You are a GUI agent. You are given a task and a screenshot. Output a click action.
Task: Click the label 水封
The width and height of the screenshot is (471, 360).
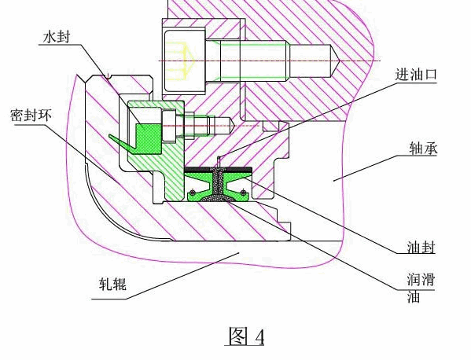pos(56,38)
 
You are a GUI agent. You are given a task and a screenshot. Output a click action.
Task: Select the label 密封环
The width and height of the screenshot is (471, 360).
pos(31,116)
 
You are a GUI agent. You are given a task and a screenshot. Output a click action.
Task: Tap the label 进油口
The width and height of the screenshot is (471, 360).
pos(416,75)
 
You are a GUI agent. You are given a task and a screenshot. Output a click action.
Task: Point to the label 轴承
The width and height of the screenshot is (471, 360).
pos(424,149)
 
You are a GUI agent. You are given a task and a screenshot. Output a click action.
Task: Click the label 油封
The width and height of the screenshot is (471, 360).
pos(421,248)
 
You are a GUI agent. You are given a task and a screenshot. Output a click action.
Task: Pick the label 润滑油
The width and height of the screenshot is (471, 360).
pos(421,288)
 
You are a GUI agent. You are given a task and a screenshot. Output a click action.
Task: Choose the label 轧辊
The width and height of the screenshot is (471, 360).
pos(112,284)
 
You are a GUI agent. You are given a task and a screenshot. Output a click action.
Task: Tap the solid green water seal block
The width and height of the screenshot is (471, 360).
pos(148,139)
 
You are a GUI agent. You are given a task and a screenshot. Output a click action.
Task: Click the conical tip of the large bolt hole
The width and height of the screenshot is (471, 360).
pos(335,61)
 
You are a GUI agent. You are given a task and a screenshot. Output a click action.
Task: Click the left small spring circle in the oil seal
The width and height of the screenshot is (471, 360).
pos(192,192)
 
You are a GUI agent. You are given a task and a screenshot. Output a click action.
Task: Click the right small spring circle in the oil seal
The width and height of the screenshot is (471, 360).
pos(243,192)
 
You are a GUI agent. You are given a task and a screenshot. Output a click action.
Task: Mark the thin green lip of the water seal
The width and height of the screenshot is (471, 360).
pos(122,141)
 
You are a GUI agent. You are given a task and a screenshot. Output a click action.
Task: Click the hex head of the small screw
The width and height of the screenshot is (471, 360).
pos(169,126)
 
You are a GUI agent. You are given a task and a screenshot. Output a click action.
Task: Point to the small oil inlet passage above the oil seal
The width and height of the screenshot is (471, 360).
pos(219,161)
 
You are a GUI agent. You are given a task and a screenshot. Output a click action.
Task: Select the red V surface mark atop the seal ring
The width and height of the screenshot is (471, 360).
pos(107,76)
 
